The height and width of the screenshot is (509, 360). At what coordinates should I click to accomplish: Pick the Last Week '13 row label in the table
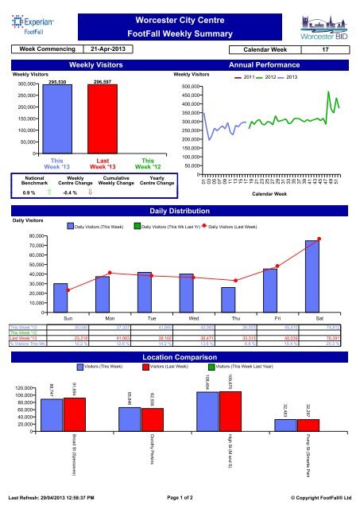pos(21,337)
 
